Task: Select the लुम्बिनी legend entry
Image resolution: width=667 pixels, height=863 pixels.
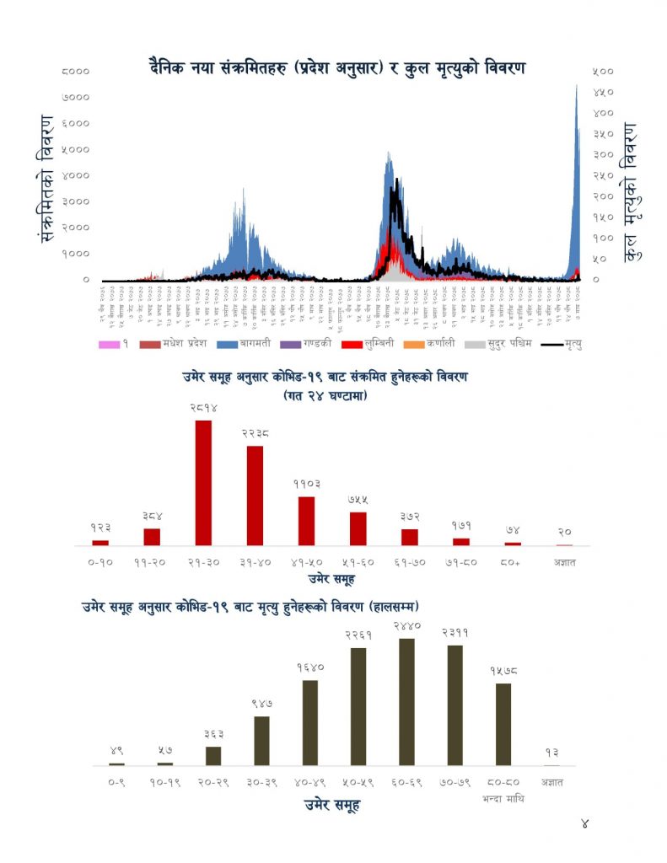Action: (369, 344)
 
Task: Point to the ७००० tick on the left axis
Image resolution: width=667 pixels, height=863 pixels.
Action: (78, 98)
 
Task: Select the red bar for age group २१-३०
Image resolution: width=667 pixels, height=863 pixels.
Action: (203, 482)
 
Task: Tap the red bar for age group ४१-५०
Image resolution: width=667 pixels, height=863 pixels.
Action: (306, 520)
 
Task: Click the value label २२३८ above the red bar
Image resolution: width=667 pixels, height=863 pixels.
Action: (254, 434)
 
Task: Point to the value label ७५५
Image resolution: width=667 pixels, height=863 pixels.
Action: (358, 500)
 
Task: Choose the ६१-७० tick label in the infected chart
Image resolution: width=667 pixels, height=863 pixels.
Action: (409, 561)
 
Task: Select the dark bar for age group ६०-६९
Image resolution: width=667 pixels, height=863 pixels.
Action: (406, 701)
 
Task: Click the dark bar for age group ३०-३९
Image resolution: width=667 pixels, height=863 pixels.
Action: (261, 740)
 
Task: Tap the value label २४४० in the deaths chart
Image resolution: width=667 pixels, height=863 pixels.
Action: (406, 626)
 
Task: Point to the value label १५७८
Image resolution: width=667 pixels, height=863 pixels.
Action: (503, 671)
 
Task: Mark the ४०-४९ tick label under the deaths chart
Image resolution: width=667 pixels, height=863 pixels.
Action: (309, 782)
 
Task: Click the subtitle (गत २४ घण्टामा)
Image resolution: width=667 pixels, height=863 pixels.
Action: (325, 394)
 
